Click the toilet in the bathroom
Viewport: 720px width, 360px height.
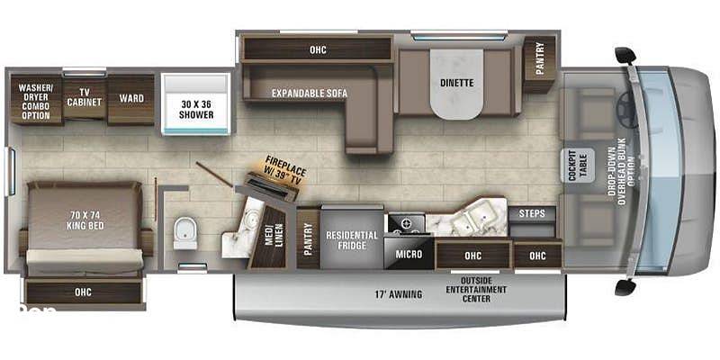click(x=185, y=234)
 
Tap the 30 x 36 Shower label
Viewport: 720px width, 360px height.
click(x=196, y=109)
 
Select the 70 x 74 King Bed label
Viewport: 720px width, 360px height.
click(x=85, y=220)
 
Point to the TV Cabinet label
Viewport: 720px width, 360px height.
click(x=84, y=96)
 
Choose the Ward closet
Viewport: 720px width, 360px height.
click(x=130, y=100)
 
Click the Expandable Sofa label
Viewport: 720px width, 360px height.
click(x=310, y=94)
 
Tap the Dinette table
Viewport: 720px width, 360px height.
click(x=456, y=84)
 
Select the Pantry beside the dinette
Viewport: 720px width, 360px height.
click(x=539, y=64)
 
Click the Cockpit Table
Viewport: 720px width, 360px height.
click(x=578, y=166)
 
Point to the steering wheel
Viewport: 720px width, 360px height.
click(x=626, y=109)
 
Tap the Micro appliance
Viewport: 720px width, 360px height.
click(x=409, y=253)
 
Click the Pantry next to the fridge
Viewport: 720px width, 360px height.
click(x=308, y=238)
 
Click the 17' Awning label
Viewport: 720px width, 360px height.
click(x=399, y=294)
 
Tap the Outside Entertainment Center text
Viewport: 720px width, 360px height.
click(x=476, y=289)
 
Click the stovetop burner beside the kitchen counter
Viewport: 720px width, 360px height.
click(x=407, y=224)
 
